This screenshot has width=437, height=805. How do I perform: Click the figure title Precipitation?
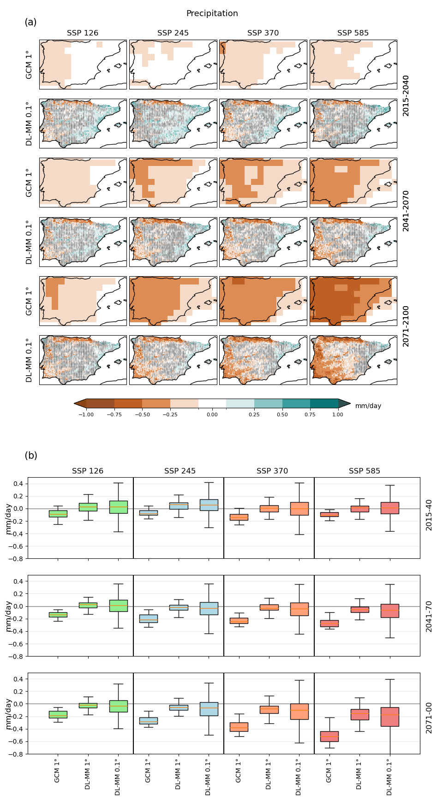(x=212, y=13)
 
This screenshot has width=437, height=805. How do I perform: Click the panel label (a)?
(x=30, y=22)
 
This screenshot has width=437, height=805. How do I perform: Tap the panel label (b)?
(x=30, y=456)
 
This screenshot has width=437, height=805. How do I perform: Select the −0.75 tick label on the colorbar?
(x=114, y=414)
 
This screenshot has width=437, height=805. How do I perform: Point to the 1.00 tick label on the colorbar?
(x=338, y=414)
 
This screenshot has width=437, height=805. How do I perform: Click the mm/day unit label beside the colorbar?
(x=368, y=406)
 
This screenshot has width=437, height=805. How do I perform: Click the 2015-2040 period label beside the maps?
(x=406, y=95)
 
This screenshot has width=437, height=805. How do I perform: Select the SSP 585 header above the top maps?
(x=353, y=33)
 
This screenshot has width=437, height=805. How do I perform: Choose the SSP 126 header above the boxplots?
(x=88, y=471)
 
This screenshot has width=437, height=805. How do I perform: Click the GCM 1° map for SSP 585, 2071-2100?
(x=353, y=301)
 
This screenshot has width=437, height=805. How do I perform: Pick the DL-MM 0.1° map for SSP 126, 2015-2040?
(x=83, y=124)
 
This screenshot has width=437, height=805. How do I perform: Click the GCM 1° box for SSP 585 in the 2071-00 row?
(x=329, y=736)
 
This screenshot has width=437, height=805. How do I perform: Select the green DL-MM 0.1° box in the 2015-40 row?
(x=119, y=507)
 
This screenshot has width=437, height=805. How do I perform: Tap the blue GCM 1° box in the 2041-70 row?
(x=148, y=618)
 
